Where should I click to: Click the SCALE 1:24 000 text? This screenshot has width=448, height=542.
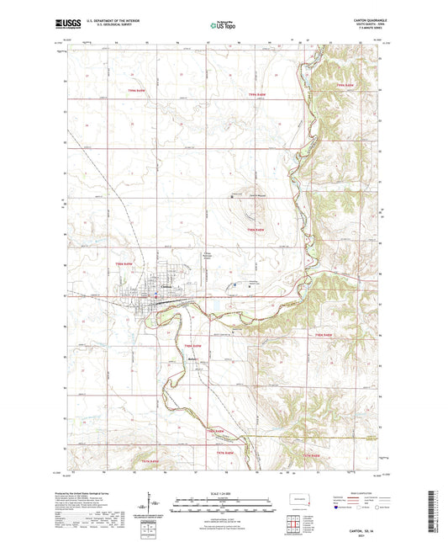pos(224,492)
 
